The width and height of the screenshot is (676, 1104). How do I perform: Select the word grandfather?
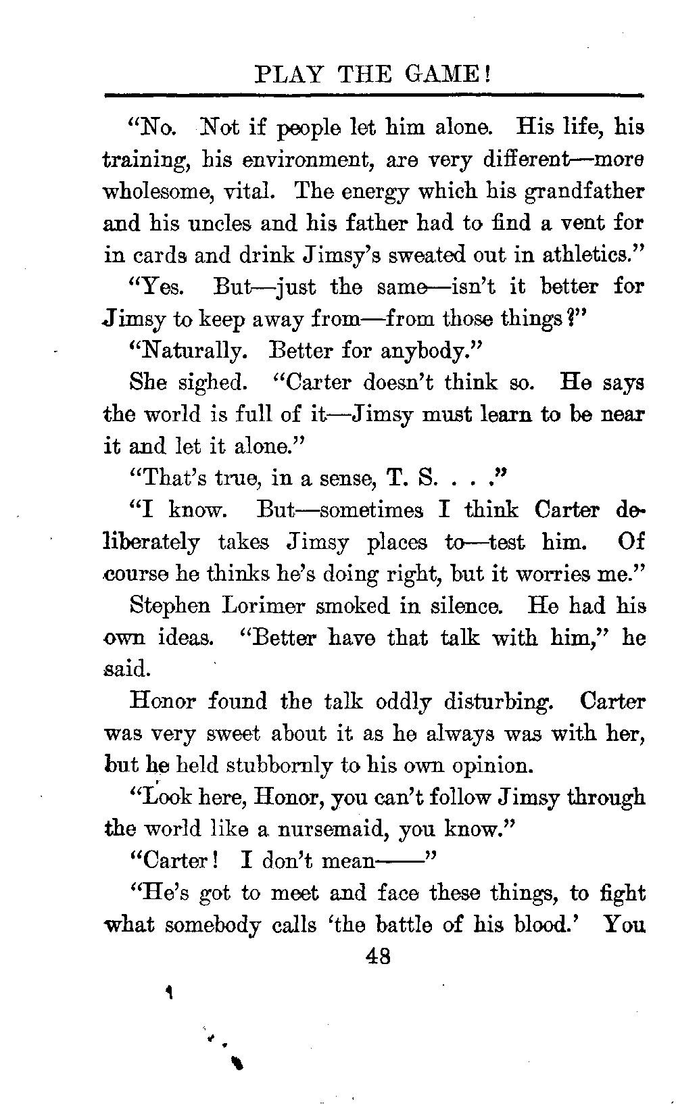(585, 192)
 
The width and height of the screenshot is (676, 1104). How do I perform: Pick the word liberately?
(153, 542)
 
